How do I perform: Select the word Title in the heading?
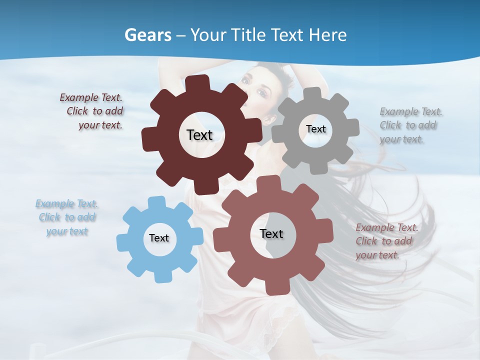coord(250,35)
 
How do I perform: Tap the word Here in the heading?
coord(328,35)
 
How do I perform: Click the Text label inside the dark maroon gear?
coord(199,135)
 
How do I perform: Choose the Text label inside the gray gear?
coord(315,129)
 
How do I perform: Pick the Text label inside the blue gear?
coord(159,238)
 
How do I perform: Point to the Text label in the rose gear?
coord(271,233)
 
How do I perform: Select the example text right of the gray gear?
coord(409,125)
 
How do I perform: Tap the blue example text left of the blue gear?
coord(67,217)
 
